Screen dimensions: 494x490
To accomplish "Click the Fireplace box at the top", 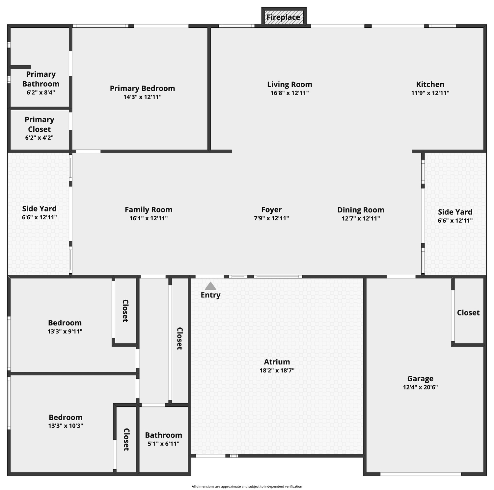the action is [284, 16].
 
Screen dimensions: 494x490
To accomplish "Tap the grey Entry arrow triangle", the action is [210, 286].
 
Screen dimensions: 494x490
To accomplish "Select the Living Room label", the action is [289, 85].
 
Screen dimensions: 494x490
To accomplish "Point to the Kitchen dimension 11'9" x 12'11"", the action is [430, 93].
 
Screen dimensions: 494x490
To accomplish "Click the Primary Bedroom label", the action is [142, 88].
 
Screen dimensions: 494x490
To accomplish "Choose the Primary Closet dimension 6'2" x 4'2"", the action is [39, 138].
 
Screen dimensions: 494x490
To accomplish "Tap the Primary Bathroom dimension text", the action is [41, 92].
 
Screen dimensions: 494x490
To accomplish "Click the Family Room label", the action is [149, 210].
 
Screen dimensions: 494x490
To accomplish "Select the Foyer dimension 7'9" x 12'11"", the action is [271, 218].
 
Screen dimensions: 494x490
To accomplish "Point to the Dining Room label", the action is [361, 210].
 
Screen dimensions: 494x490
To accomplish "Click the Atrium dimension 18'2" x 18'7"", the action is [277, 370].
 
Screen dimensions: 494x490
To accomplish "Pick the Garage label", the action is [420, 379].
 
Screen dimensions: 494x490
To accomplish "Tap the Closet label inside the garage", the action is [468, 313].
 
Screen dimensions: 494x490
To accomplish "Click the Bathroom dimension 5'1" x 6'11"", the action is [163, 444].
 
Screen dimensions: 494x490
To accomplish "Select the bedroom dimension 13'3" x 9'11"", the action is [65, 331].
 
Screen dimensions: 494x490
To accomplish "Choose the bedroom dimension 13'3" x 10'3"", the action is [66, 425].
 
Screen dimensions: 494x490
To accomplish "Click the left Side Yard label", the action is [39, 209].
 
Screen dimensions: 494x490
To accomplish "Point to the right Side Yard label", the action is [455, 212].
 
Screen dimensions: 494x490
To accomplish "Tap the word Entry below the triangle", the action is [210, 295].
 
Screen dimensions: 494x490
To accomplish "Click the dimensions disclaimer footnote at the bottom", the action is [247, 486].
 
